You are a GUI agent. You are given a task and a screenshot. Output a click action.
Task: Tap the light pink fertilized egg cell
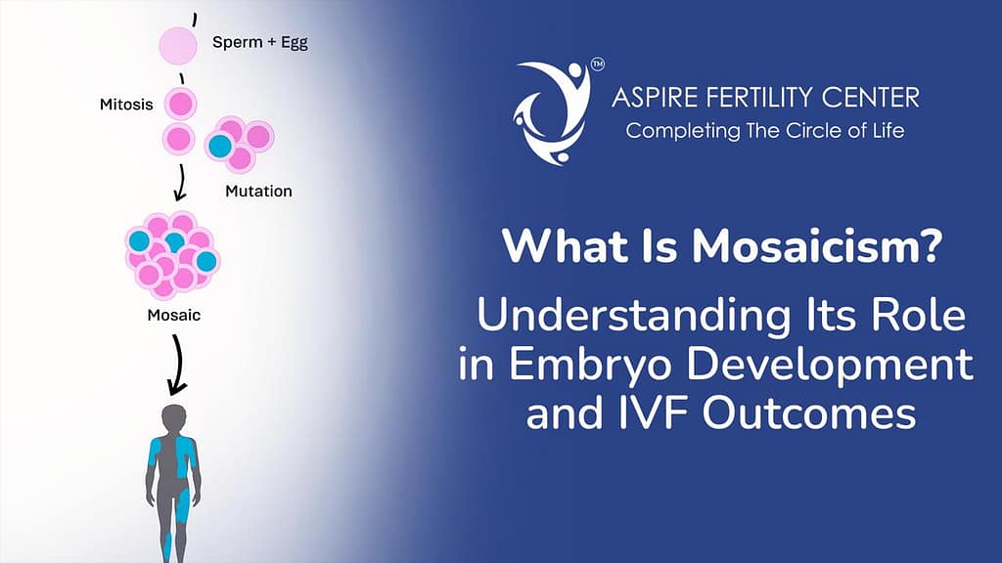click(x=179, y=44)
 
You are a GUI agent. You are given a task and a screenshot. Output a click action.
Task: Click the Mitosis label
click(x=126, y=104)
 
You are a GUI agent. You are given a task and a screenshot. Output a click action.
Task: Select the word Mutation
click(x=258, y=191)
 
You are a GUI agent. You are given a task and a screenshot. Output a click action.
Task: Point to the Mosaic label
click(x=174, y=316)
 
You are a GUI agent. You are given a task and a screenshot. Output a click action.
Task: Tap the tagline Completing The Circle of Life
click(x=765, y=131)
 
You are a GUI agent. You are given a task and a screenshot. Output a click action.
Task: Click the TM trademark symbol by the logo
click(x=596, y=67)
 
